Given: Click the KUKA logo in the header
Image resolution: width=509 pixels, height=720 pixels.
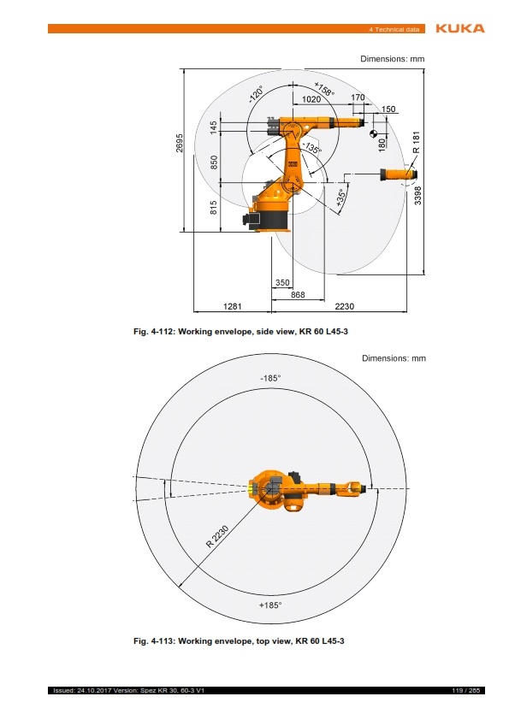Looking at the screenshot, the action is point(460,28).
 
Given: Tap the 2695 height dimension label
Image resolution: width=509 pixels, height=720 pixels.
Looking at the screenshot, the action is point(180,143).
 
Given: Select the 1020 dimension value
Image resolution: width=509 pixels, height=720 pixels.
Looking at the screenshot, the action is point(311,99).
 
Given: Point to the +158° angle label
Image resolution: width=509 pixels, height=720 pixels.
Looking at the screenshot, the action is point(324,89).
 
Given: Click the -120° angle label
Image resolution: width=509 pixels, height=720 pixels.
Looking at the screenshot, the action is point(257,94).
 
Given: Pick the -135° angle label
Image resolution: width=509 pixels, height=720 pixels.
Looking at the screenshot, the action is point(312,147).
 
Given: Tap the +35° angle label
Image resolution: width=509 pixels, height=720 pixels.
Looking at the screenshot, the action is point(340,198).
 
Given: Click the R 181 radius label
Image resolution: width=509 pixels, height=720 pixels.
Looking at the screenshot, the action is point(417,142).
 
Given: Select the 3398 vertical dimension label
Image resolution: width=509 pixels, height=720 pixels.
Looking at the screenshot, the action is point(417,195).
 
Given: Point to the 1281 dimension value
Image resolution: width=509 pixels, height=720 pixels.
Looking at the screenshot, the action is point(232,306).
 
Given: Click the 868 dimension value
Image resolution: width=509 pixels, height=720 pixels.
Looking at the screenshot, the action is point(298,295).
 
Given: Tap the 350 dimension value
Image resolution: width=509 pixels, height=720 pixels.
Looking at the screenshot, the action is point(282,283).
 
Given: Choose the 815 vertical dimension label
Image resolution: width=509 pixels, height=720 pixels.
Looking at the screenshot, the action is point(214,208).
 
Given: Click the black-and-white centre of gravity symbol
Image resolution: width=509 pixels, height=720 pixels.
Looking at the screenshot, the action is point(374,133).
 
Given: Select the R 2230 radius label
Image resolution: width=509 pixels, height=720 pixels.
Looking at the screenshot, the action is point(217,537).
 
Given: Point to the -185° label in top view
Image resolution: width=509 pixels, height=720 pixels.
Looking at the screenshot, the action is point(270,378).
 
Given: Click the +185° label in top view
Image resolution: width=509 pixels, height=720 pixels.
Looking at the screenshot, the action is point(270,605).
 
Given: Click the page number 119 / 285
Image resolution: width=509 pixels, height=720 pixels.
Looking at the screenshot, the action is point(466,690).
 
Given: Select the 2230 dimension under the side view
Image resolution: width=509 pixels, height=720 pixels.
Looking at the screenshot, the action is point(345,306).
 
